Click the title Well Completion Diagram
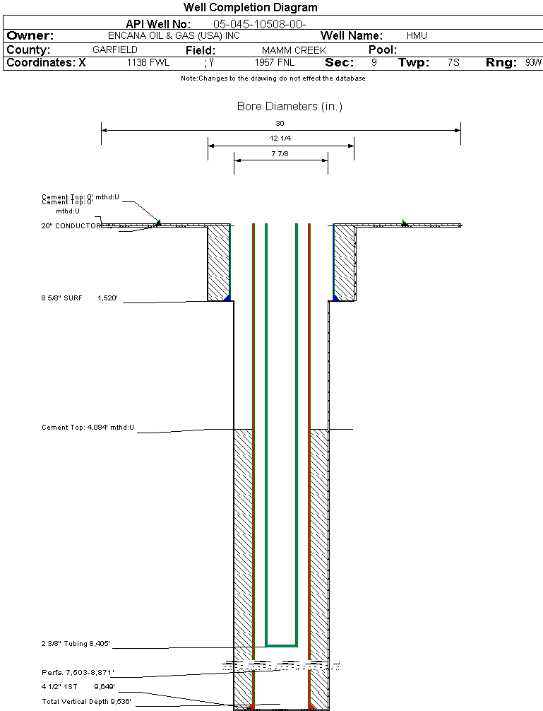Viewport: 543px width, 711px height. coord(250,8)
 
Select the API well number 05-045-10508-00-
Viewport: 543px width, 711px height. coord(259,24)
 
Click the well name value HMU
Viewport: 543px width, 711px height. coord(417,35)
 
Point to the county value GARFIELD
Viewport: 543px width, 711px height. coord(115,50)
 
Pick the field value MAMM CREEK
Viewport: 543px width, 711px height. coord(294,50)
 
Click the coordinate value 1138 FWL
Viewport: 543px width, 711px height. coord(148,62)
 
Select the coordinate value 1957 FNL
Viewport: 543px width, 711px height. coord(274,62)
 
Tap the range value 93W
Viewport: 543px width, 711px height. coord(533,62)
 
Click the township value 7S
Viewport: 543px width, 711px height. coord(453,62)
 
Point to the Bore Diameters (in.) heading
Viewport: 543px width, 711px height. coord(290,107)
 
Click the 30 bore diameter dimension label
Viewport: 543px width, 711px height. coord(280,124)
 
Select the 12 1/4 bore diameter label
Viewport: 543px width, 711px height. coord(280,139)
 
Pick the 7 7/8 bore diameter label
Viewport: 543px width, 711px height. coord(280,153)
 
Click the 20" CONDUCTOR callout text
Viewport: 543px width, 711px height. coord(71,226)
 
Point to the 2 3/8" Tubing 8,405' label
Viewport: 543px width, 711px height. coord(76,644)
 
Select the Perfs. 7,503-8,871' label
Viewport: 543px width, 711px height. coord(78,672)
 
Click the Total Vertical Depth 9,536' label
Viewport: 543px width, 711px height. coord(86,702)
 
